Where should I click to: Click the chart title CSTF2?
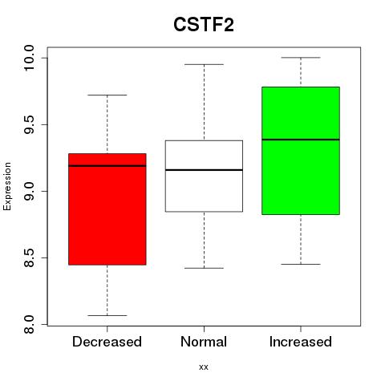click(x=204, y=25)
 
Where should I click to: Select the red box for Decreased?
click(x=107, y=209)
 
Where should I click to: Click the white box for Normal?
click(x=204, y=176)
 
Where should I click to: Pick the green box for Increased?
click(x=301, y=151)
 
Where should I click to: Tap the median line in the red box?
click(x=107, y=166)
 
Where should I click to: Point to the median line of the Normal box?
click(x=204, y=170)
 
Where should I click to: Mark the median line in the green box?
click(x=301, y=140)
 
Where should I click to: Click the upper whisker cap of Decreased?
click(x=107, y=95)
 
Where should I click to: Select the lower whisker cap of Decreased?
click(x=107, y=315)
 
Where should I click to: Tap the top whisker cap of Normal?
click(x=204, y=64)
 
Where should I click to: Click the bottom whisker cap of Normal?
click(x=204, y=268)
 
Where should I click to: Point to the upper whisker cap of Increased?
click(x=301, y=58)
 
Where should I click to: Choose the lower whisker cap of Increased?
click(x=301, y=264)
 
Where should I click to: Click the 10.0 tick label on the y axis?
click(x=29, y=58)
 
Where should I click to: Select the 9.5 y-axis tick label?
click(x=29, y=125)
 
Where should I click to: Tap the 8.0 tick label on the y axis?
click(x=29, y=324)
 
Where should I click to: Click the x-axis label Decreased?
click(x=107, y=342)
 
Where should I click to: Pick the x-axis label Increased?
click(x=301, y=342)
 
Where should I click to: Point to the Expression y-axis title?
click(x=7, y=186)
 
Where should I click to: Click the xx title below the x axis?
click(x=204, y=367)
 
